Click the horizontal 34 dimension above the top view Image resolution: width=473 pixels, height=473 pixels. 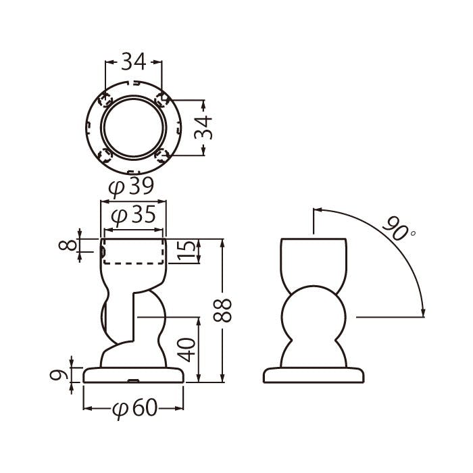[133, 61]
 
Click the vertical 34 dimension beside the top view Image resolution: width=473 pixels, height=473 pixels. [203, 127]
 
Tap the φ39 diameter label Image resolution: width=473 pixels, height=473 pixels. [132, 187]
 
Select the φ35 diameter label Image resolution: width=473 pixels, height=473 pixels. [133, 215]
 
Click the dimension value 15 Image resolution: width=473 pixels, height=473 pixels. [186, 251]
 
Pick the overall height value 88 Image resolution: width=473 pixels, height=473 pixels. [222, 310]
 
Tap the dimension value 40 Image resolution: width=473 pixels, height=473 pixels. [186, 350]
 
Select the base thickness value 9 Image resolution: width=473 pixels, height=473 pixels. [59, 375]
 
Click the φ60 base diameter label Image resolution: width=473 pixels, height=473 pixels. [135, 409]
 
